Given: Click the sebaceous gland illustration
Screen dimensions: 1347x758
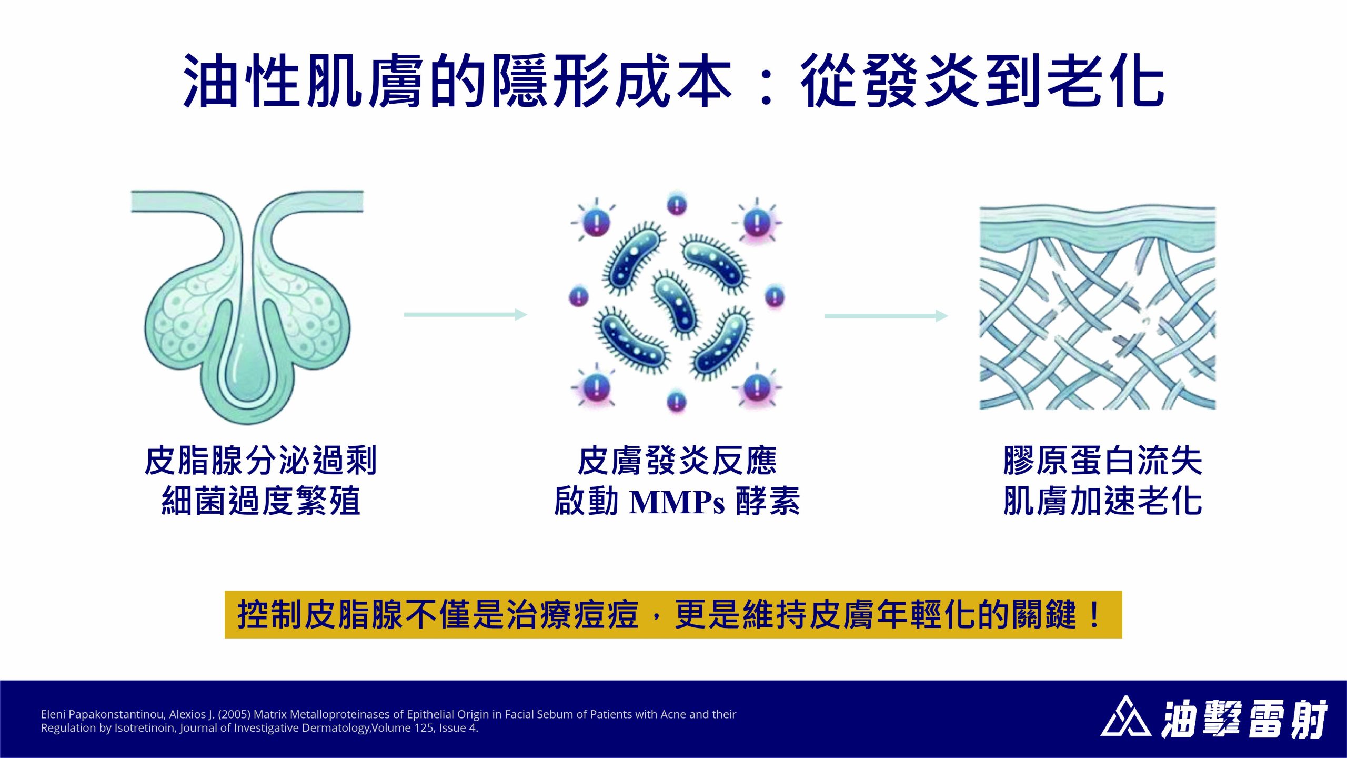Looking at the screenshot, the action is click(x=247, y=307).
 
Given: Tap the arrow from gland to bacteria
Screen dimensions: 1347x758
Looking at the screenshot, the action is click(x=466, y=315).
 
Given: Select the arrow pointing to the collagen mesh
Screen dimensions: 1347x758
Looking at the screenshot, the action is click(x=887, y=316).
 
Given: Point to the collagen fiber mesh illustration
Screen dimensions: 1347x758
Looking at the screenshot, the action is click(x=1098, y=308).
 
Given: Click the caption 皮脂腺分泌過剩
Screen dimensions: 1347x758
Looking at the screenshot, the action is click(x=260, y=461).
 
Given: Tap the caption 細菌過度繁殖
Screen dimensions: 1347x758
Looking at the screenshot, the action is click(x=260, y=501).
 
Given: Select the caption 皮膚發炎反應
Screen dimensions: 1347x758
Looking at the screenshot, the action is click(x=677, y=461).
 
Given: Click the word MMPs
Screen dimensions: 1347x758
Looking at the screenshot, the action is click(x=677, y=502).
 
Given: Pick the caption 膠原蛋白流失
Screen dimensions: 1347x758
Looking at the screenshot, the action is click(x=1103, y=461).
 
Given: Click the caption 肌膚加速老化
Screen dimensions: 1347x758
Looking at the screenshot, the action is click(x=1103, y=501).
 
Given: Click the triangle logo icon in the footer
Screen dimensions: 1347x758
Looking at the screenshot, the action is click(x=1125, y=717).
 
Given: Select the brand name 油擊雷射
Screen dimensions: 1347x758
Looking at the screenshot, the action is click(x=1244, y=718).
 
